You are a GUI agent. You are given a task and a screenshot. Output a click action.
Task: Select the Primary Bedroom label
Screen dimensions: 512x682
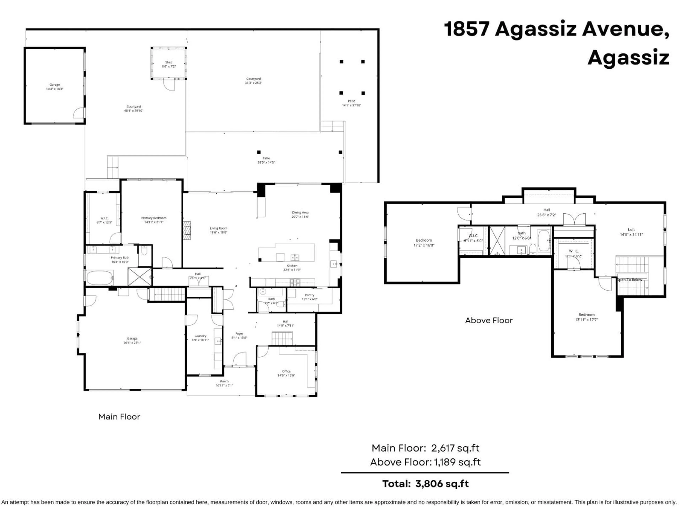click(154, 218)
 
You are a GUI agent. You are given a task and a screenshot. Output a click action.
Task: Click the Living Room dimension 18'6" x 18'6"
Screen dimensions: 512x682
click(219, 232)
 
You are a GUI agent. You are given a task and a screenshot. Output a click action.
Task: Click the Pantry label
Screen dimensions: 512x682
click(310, 295)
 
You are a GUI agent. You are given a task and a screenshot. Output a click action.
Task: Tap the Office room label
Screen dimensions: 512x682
click(286, 371)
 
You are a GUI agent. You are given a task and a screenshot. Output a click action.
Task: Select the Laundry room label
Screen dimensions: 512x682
click(200, 336)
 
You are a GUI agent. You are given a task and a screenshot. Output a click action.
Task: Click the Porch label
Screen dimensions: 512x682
click(224, 382)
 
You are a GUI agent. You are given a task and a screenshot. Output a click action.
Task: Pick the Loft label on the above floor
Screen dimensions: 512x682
click(631, 230)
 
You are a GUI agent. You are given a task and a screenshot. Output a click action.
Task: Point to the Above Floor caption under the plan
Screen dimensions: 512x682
click(489, 320)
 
